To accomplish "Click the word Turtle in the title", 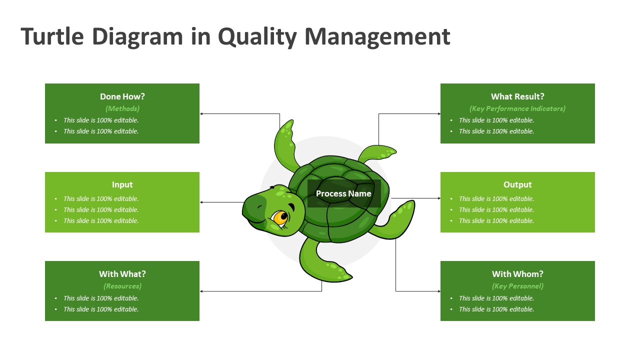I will [x=52, y=37].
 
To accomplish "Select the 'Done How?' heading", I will [x=122, y=96].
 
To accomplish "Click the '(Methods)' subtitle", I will [x=122, y=108].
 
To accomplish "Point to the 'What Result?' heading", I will [x=517, y=96].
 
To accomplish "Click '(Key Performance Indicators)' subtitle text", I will [x=517, y=108].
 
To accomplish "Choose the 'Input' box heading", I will [x=122, y=184].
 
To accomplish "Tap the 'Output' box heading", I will [x=517, y=184].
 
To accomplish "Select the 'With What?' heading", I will [x=122, y=274].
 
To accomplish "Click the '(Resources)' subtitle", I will [x=122, y=286].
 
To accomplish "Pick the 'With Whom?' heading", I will [x=517, y=274].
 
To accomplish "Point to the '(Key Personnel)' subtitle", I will [x=517, y=286].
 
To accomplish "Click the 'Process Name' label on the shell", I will [x=343, y=193].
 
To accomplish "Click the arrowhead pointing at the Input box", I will [x=201, y=202].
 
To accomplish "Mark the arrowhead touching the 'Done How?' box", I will [x=201, y=114].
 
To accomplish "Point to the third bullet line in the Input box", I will [x=101, y=220].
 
